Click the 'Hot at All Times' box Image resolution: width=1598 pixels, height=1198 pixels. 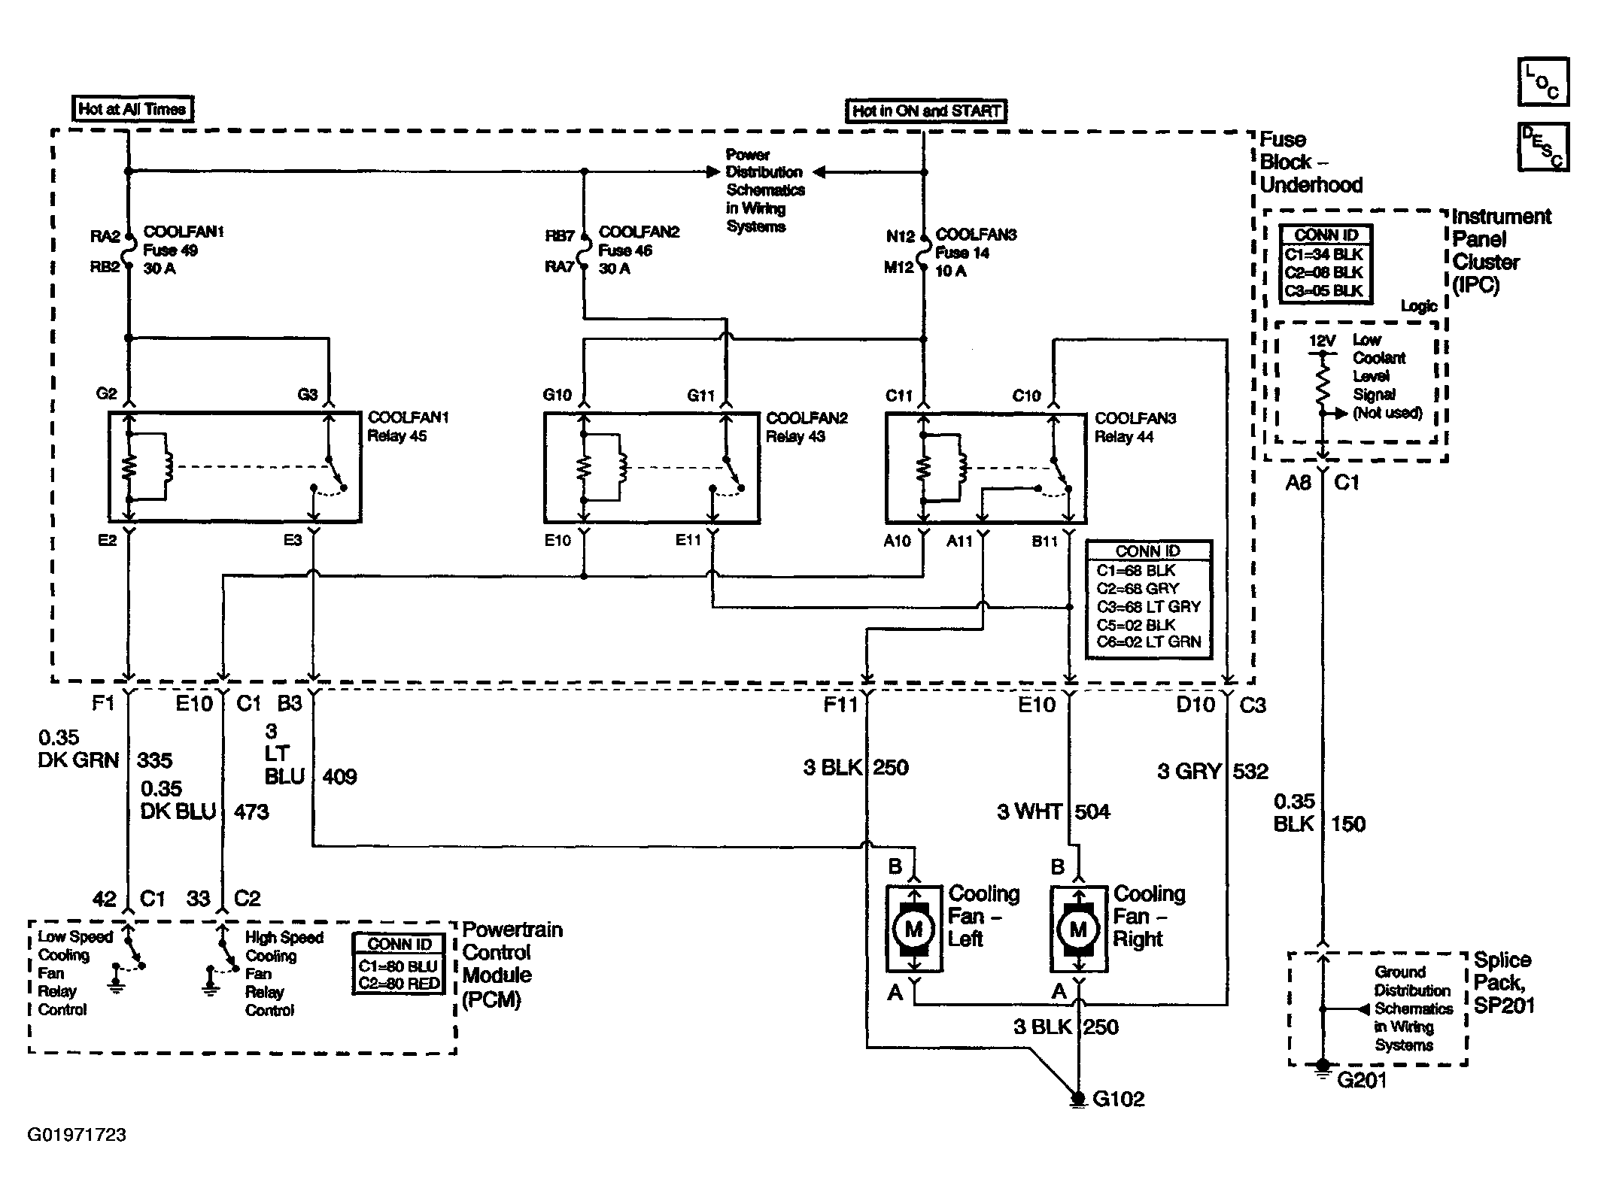pyautogui.click(x=132, y=109)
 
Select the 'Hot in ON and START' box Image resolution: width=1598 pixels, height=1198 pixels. pyautogui.click(x=926, y=111)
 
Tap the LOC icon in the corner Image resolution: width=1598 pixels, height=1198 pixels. pyautogui.click(x=1543, y=82)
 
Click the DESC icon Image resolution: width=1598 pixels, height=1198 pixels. pyautogui.click(x=1543, y=147)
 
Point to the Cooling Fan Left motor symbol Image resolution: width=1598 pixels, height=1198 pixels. pyautogui.click(x=914, y=929)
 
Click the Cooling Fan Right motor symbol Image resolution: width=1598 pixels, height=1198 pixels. pyautogui.click(x=1079, y=929)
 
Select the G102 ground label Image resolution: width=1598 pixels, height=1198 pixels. pyautogui.click(x=1118, y=1099)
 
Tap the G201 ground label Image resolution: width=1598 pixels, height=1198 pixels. pyautogui.click(x=1362, y=1080)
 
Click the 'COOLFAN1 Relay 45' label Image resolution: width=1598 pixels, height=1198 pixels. pyautogui.click(x=408, y=426)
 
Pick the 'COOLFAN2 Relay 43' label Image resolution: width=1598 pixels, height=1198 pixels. pyautogui.click(x=807, y=427)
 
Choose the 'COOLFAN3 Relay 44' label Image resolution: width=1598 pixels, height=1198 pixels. pyautogui.click(x=1135, y=427)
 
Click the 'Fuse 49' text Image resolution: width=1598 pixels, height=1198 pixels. pyautogui.click(x=171, y=250)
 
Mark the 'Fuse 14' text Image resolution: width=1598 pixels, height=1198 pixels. pyautogui.click(x=962, y=253)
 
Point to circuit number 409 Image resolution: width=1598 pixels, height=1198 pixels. pyautogui.click(x=339, y=777)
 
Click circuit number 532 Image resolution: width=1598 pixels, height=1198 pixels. pyautogui.click(x=1250, y=771)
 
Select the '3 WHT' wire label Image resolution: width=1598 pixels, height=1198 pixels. pyautogui.click(x=1029, y=811)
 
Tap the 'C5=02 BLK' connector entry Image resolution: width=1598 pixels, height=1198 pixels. pyautogui.click(x=1136, y=625)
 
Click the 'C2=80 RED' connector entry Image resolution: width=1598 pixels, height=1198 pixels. pyautogui.click(x=399, y=983)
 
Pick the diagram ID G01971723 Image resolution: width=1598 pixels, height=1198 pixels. pyautogui.click(x=77, y=1135)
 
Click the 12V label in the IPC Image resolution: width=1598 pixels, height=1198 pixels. pyautogui.click(x=1322, y=341)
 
